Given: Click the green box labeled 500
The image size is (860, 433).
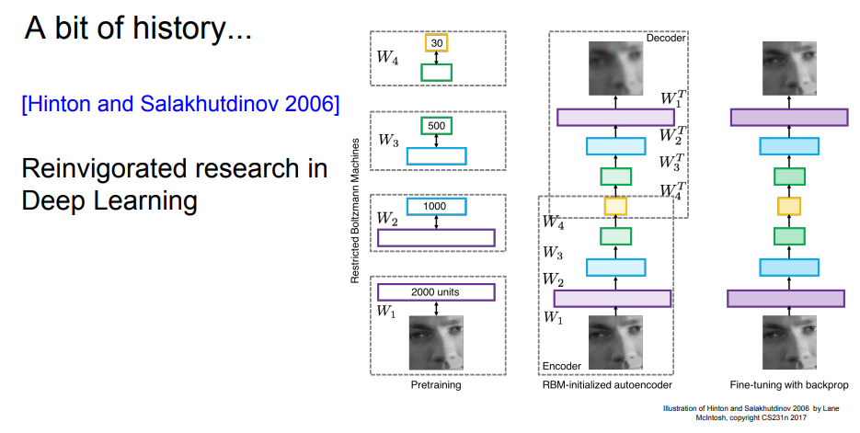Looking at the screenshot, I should tap(436, 126).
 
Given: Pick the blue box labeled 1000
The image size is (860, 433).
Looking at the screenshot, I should tap(436, 207).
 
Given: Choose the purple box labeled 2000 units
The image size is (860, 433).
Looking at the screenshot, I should tap(436, 292).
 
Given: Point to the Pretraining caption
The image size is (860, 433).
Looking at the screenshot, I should tap(436, 385).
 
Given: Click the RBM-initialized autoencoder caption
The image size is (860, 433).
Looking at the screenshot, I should tap(608, 385).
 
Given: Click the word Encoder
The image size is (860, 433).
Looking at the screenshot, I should tap(562, 366).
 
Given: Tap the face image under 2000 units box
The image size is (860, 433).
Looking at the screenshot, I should tap(436, 340).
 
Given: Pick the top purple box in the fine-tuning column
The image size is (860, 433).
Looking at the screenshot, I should tap(787, 117).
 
